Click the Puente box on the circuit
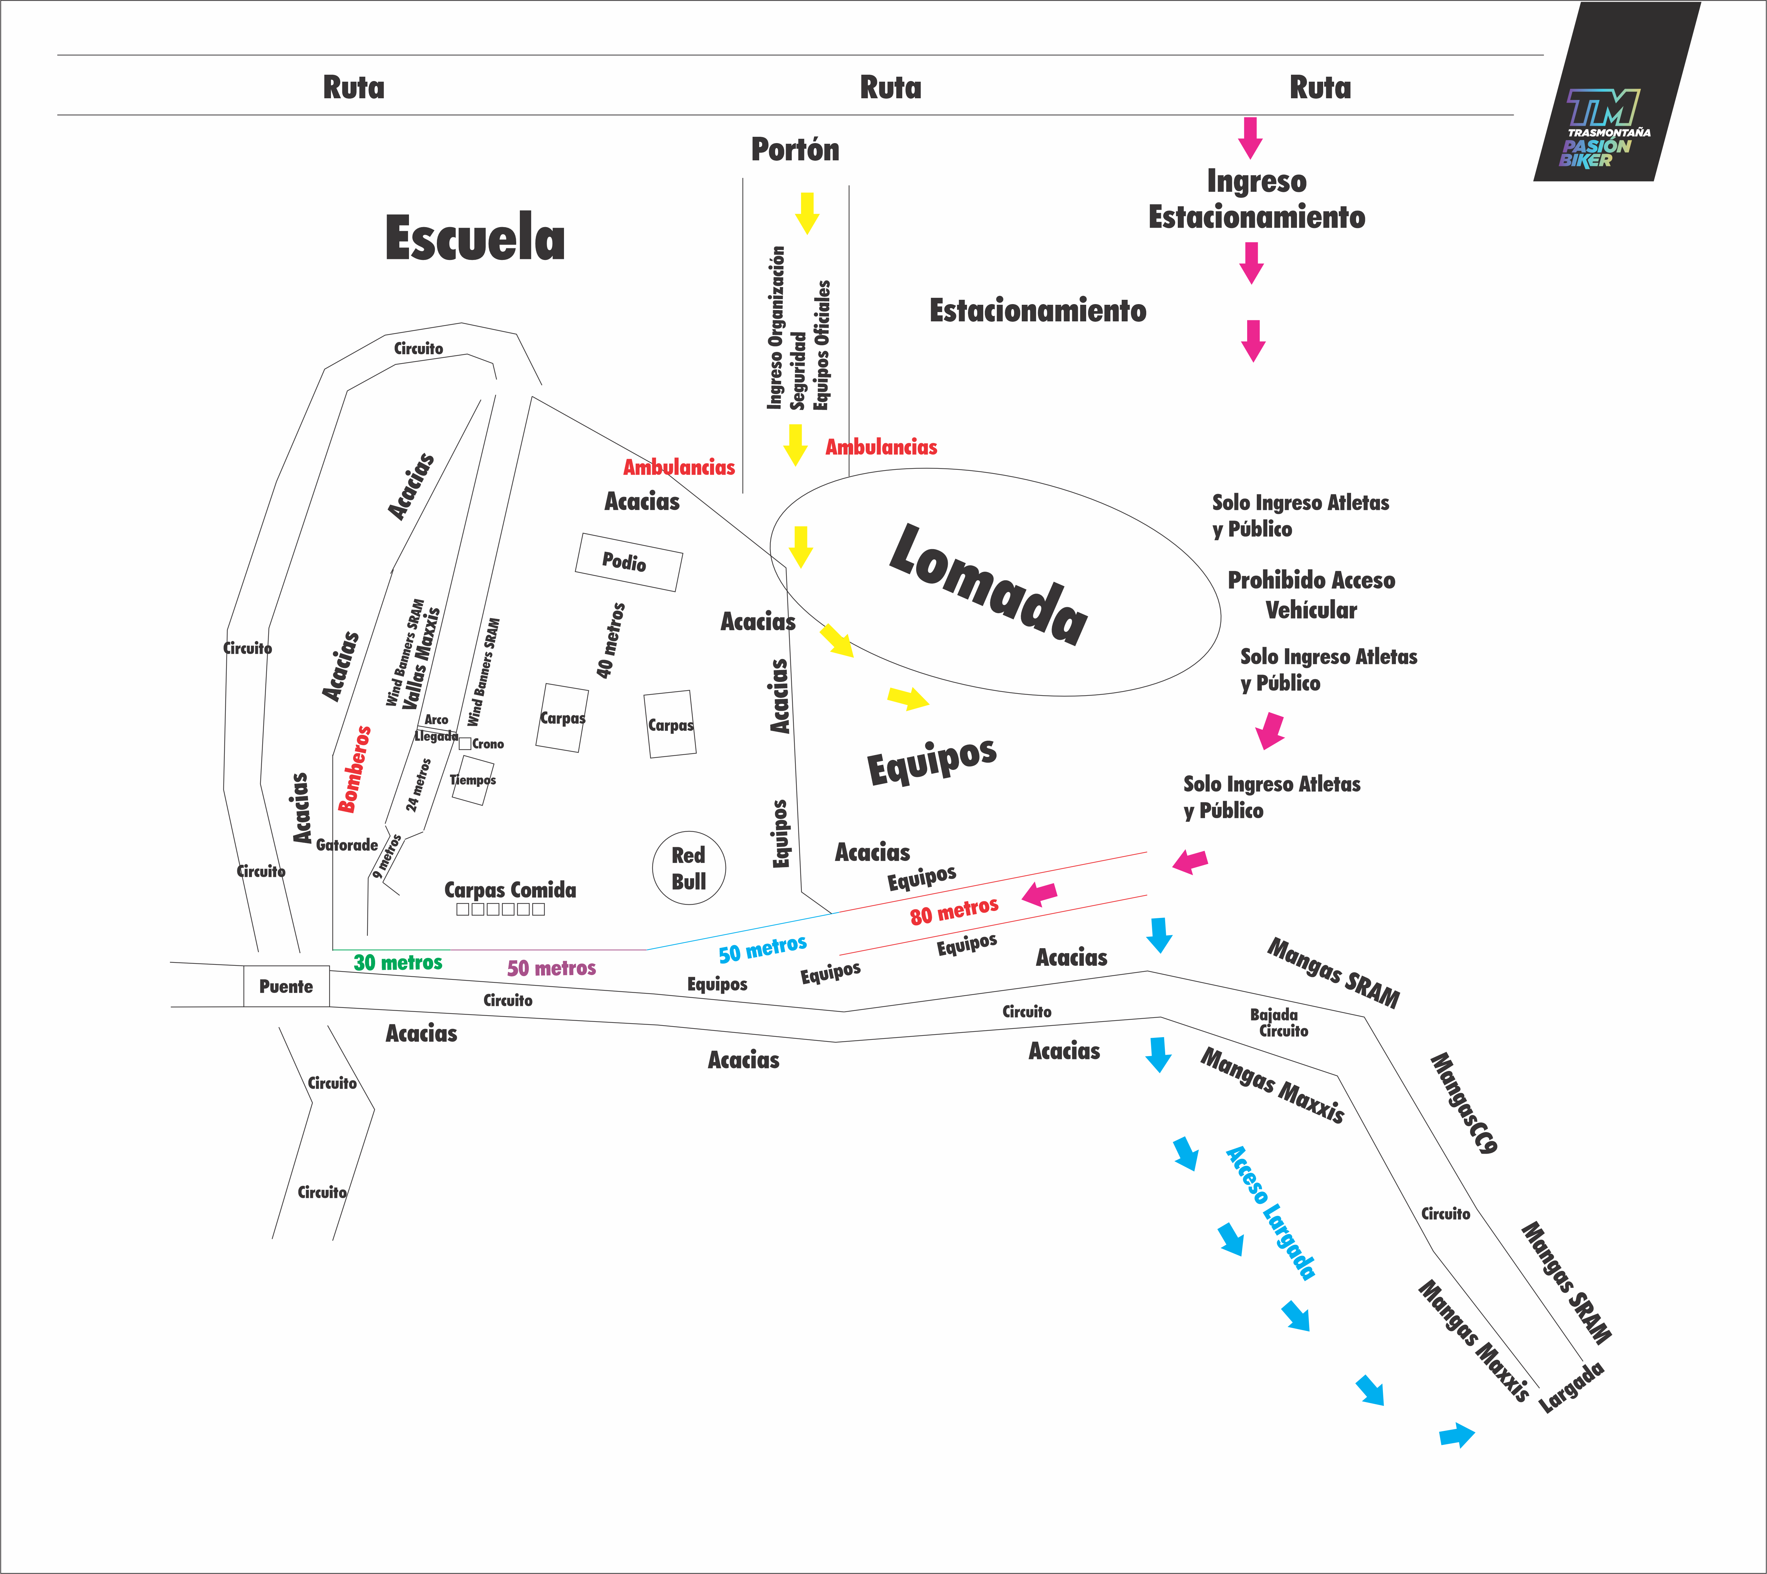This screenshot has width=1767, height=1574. [286, 986]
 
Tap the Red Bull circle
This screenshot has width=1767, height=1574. [688, 868]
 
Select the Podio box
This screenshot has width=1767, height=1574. [629, 562]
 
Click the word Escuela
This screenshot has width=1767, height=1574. [475, 239]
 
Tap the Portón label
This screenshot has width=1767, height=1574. [795, 150]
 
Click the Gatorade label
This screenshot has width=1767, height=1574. [347, 845]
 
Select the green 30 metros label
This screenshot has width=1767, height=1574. [398, 962]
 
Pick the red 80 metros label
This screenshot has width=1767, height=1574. [954, 911]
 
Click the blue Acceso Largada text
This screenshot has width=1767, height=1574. [1270, 1212]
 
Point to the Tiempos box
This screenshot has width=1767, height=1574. [472, 780]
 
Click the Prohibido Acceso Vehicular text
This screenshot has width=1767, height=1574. [1311, 595]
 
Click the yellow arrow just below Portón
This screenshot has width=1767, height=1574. [807, 213]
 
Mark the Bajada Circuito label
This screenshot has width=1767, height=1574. [1278, 1022]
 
